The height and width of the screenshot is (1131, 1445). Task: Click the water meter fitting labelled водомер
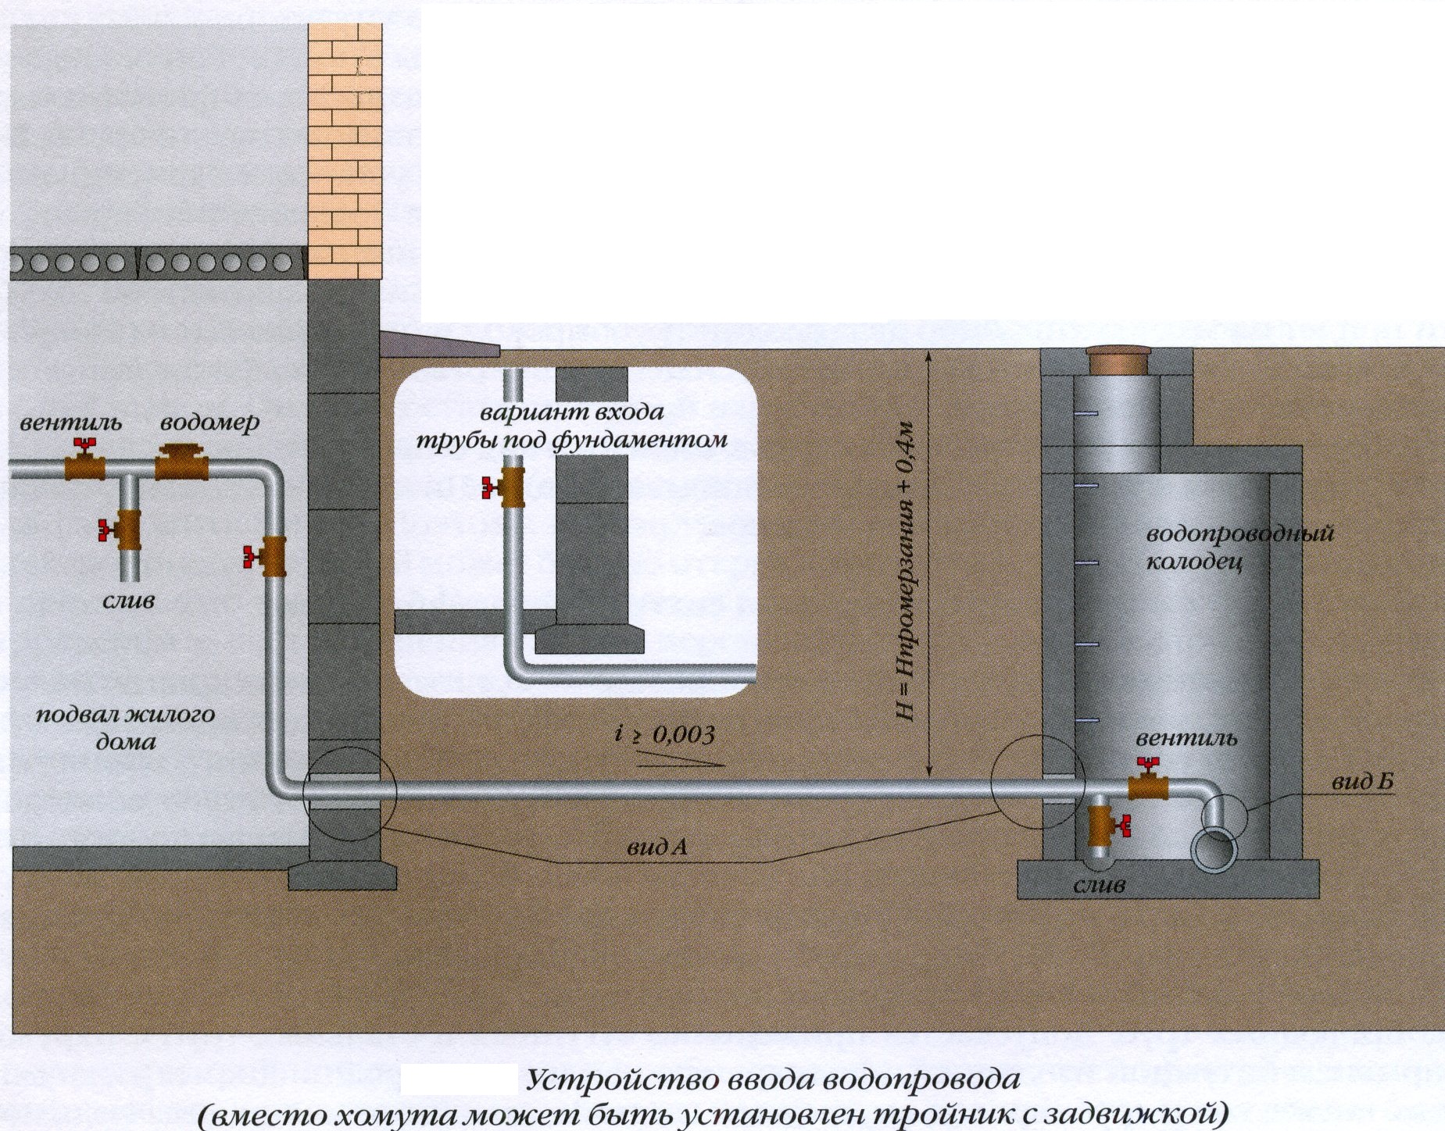[181, 464]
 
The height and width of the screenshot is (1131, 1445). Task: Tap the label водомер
[209, 423]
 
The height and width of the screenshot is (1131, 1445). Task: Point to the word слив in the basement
[129, 601]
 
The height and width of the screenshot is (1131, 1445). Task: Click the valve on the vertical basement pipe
[268, 556]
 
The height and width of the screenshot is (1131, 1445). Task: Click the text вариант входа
[572, 411]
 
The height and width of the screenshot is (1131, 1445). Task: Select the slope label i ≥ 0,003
[664, 735]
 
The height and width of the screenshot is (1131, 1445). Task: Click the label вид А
[657, 847]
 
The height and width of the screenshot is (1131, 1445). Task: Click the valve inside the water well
[1147, 783]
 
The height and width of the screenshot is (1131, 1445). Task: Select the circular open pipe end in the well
[1214, 851]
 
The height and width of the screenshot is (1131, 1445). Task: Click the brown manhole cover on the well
[1117, 360]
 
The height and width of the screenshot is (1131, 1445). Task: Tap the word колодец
[1193, 562]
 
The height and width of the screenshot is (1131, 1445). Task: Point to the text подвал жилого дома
[125, 727]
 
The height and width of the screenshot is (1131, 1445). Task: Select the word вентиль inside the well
[1186, 739]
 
